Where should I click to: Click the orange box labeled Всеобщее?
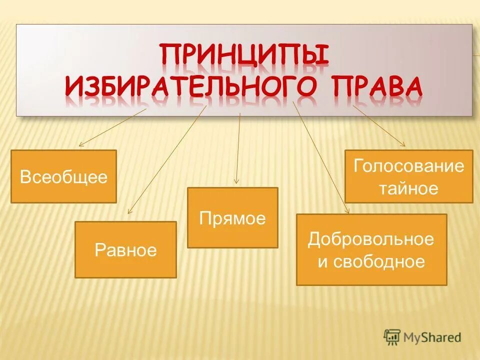click(x=63, y=176)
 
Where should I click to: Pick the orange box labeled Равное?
click(x=125, y=249)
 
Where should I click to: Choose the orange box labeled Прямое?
click(x=232, y=217)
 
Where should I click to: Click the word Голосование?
click(x=409, y=166)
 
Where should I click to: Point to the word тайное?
click(x=408, y=188)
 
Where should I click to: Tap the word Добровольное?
click(x=371, y=239)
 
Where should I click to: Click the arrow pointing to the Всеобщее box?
click(x=112, y=127)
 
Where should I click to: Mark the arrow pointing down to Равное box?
click(x=167, y=160)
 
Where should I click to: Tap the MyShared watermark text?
click(x=432, y=337)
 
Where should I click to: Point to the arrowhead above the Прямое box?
click(x=236, y=182)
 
